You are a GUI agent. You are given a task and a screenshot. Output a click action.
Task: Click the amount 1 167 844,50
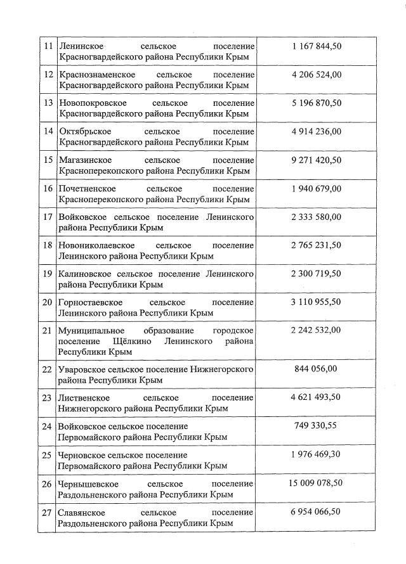[317, 46]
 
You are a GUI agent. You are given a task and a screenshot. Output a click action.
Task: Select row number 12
[48, 75]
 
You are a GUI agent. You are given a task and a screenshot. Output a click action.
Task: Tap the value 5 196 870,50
[317, 103]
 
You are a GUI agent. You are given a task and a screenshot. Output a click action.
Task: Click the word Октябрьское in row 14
[84, 132]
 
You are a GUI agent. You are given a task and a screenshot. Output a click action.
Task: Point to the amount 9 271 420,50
[317, 160]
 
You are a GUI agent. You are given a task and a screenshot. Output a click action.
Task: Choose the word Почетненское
[86, 189]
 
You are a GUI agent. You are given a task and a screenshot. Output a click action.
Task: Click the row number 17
[48, 217]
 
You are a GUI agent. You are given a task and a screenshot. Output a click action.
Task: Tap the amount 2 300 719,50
[317, 273]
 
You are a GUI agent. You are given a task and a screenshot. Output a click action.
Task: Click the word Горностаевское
[89, 302]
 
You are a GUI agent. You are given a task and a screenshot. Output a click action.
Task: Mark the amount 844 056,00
[317, 368]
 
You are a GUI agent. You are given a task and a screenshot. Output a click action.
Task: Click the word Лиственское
[83, 397]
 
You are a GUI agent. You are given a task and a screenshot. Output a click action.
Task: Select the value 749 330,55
[317, 425]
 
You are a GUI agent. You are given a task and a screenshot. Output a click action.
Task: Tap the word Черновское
[82, 455]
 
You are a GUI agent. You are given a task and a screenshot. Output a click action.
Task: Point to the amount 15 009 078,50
[317, 482]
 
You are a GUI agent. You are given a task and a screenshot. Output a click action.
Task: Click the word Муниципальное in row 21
[89, 331]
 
